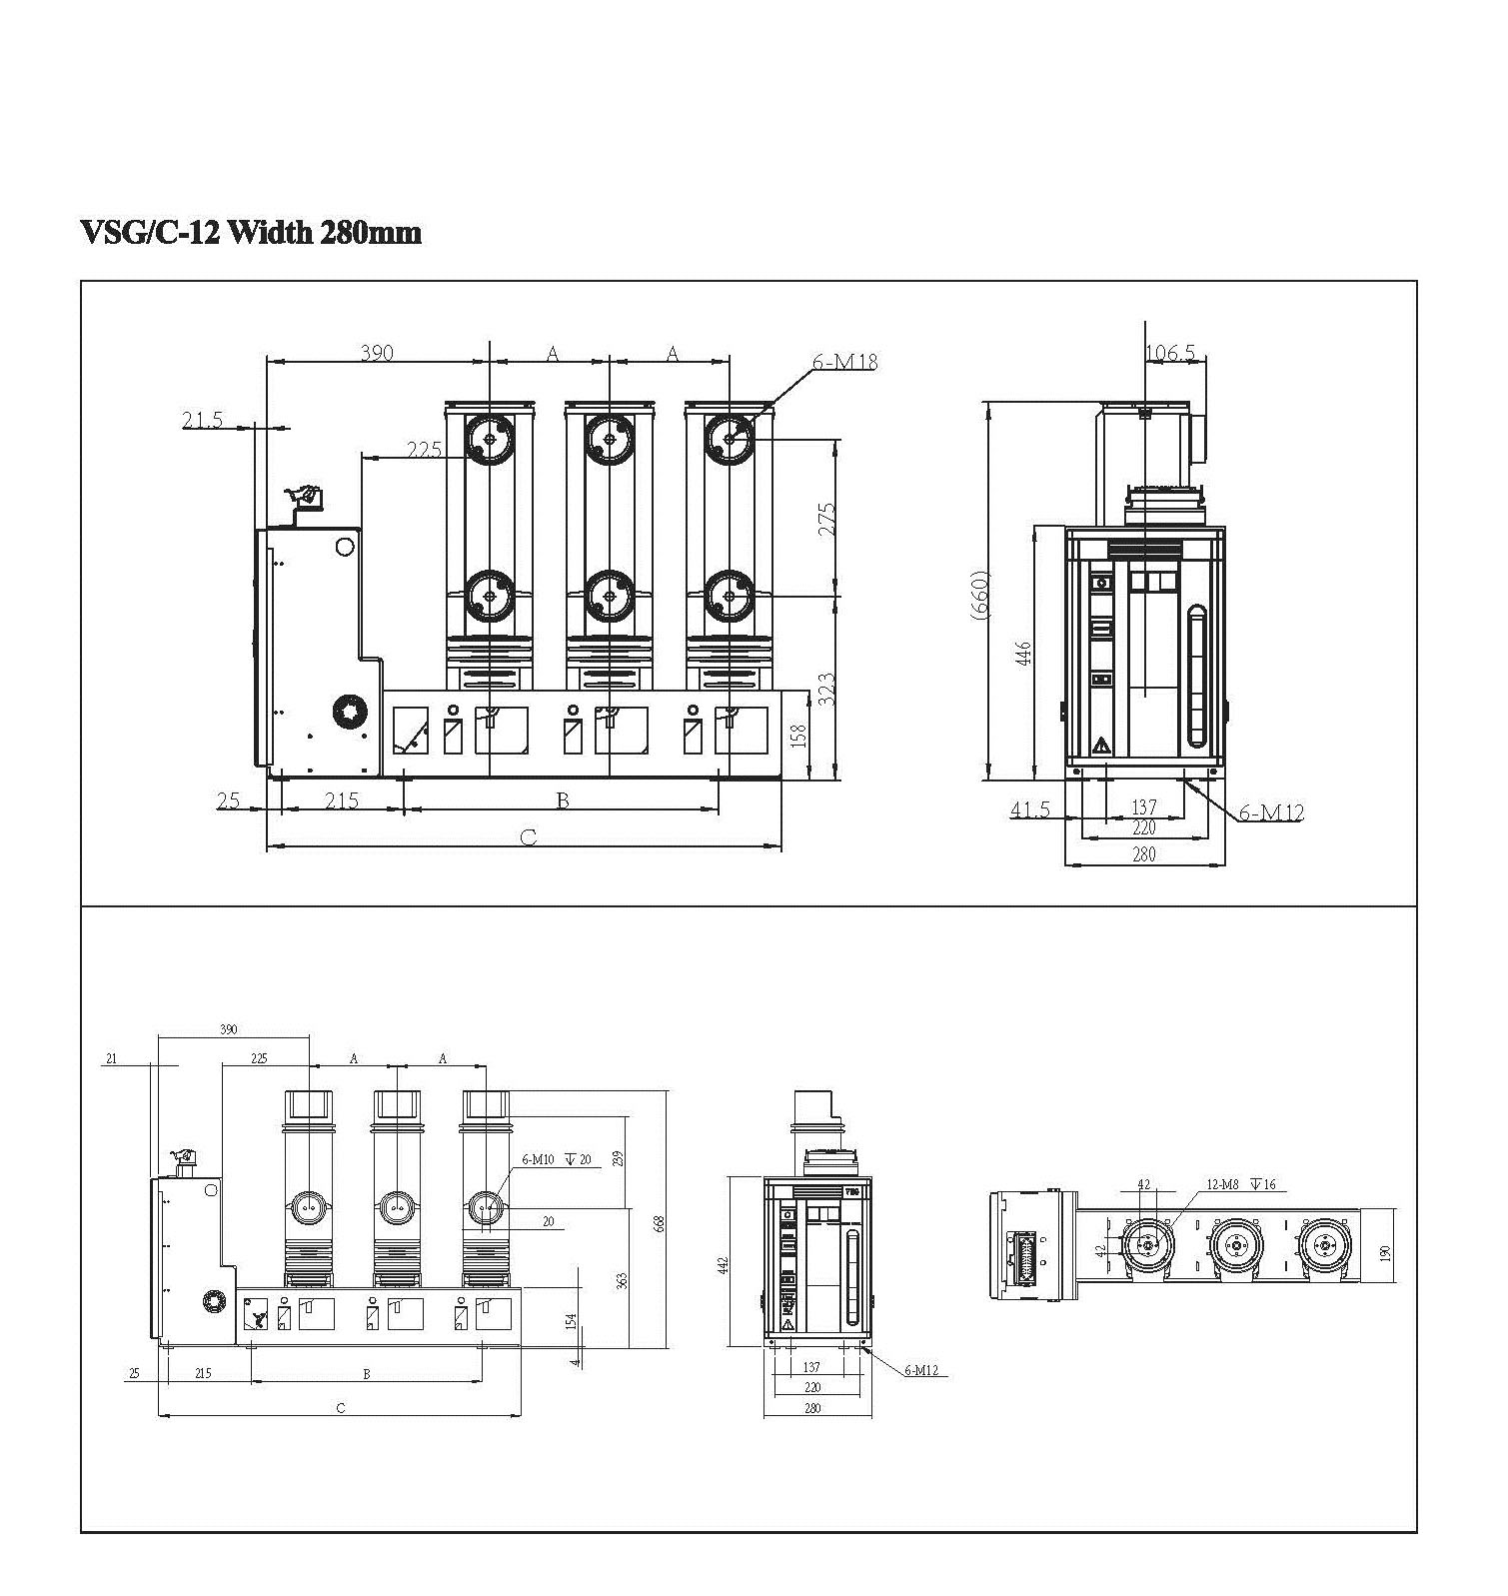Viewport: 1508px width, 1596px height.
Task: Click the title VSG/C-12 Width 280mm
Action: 250,233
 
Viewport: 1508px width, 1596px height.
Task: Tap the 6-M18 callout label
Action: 844,362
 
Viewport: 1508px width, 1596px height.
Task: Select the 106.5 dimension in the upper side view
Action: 1170,353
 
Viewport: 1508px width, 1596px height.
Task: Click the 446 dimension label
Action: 1023,655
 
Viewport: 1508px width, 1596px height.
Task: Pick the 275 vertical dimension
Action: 827,519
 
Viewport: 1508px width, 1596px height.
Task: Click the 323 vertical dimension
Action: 827,690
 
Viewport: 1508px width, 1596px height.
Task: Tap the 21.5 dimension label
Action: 202,420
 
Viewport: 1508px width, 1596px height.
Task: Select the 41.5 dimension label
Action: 1029,808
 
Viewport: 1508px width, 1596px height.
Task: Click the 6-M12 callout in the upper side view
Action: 1271,812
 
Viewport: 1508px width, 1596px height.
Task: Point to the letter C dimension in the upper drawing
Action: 529,836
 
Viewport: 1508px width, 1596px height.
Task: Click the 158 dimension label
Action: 797,736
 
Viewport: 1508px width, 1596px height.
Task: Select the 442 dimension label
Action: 724,1264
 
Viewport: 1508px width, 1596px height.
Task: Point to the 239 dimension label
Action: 618,1158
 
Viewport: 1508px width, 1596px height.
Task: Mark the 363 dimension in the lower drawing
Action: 622,1280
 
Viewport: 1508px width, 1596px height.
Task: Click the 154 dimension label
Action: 572,1321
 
